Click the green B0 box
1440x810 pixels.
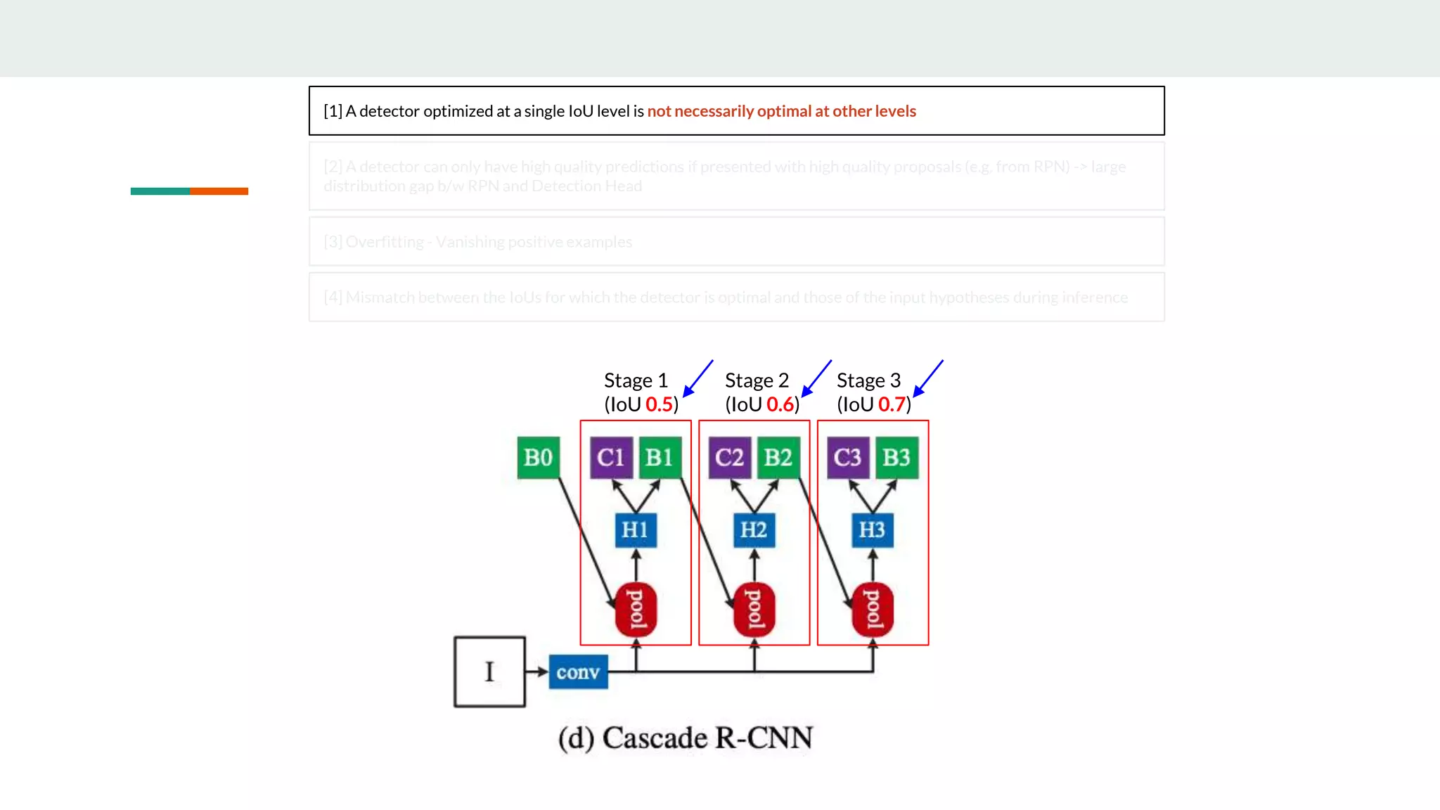pos(538,458)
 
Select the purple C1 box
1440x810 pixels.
pos(610,458)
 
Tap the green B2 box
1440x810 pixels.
pos(778,458)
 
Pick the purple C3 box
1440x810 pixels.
pos(847,458)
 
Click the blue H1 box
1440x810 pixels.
pos(635,529)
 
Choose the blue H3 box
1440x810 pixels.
pos(872,529)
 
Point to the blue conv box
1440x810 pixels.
pos(578,672)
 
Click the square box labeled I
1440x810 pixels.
pos(489,671)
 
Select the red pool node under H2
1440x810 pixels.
pos(754,609)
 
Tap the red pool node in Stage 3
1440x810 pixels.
pos(873,609)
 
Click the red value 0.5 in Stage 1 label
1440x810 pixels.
pos(659,404)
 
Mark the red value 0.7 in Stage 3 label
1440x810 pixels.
pos(892,404)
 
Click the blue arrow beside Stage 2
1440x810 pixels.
pos(817,378)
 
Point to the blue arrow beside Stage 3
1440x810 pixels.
pos(928,378)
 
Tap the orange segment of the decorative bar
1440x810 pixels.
pos(219,191)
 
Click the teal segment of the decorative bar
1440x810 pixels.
pos(160,191)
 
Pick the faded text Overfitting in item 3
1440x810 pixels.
pos(385,242)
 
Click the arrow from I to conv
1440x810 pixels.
pos(536,671)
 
